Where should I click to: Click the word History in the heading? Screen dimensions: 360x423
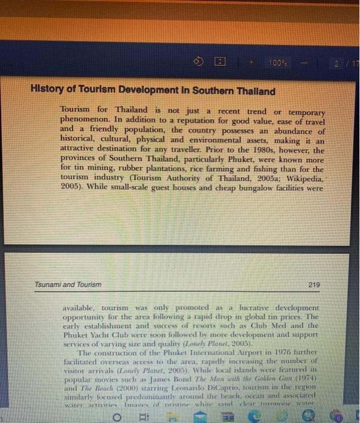pos(47,92)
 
